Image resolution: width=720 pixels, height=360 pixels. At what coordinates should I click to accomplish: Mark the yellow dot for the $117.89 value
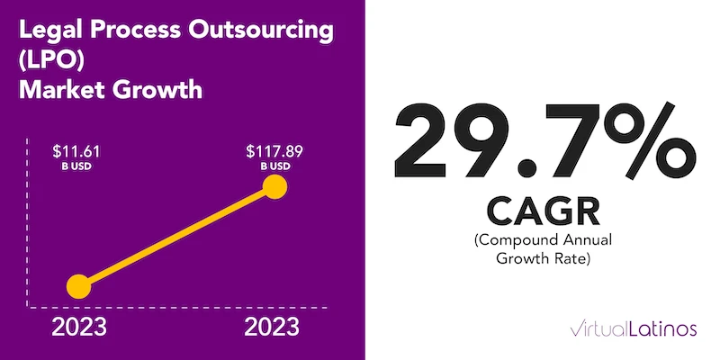tap(275, 188)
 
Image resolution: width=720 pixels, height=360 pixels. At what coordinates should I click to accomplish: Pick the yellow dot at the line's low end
tap(79, 287)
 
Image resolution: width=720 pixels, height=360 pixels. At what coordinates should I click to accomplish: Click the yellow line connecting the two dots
tap(177, 238)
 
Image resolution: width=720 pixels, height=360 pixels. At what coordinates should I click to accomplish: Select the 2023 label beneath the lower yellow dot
tap(79, 328)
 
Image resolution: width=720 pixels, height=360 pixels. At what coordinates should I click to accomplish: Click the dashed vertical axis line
tap(36, 225)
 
